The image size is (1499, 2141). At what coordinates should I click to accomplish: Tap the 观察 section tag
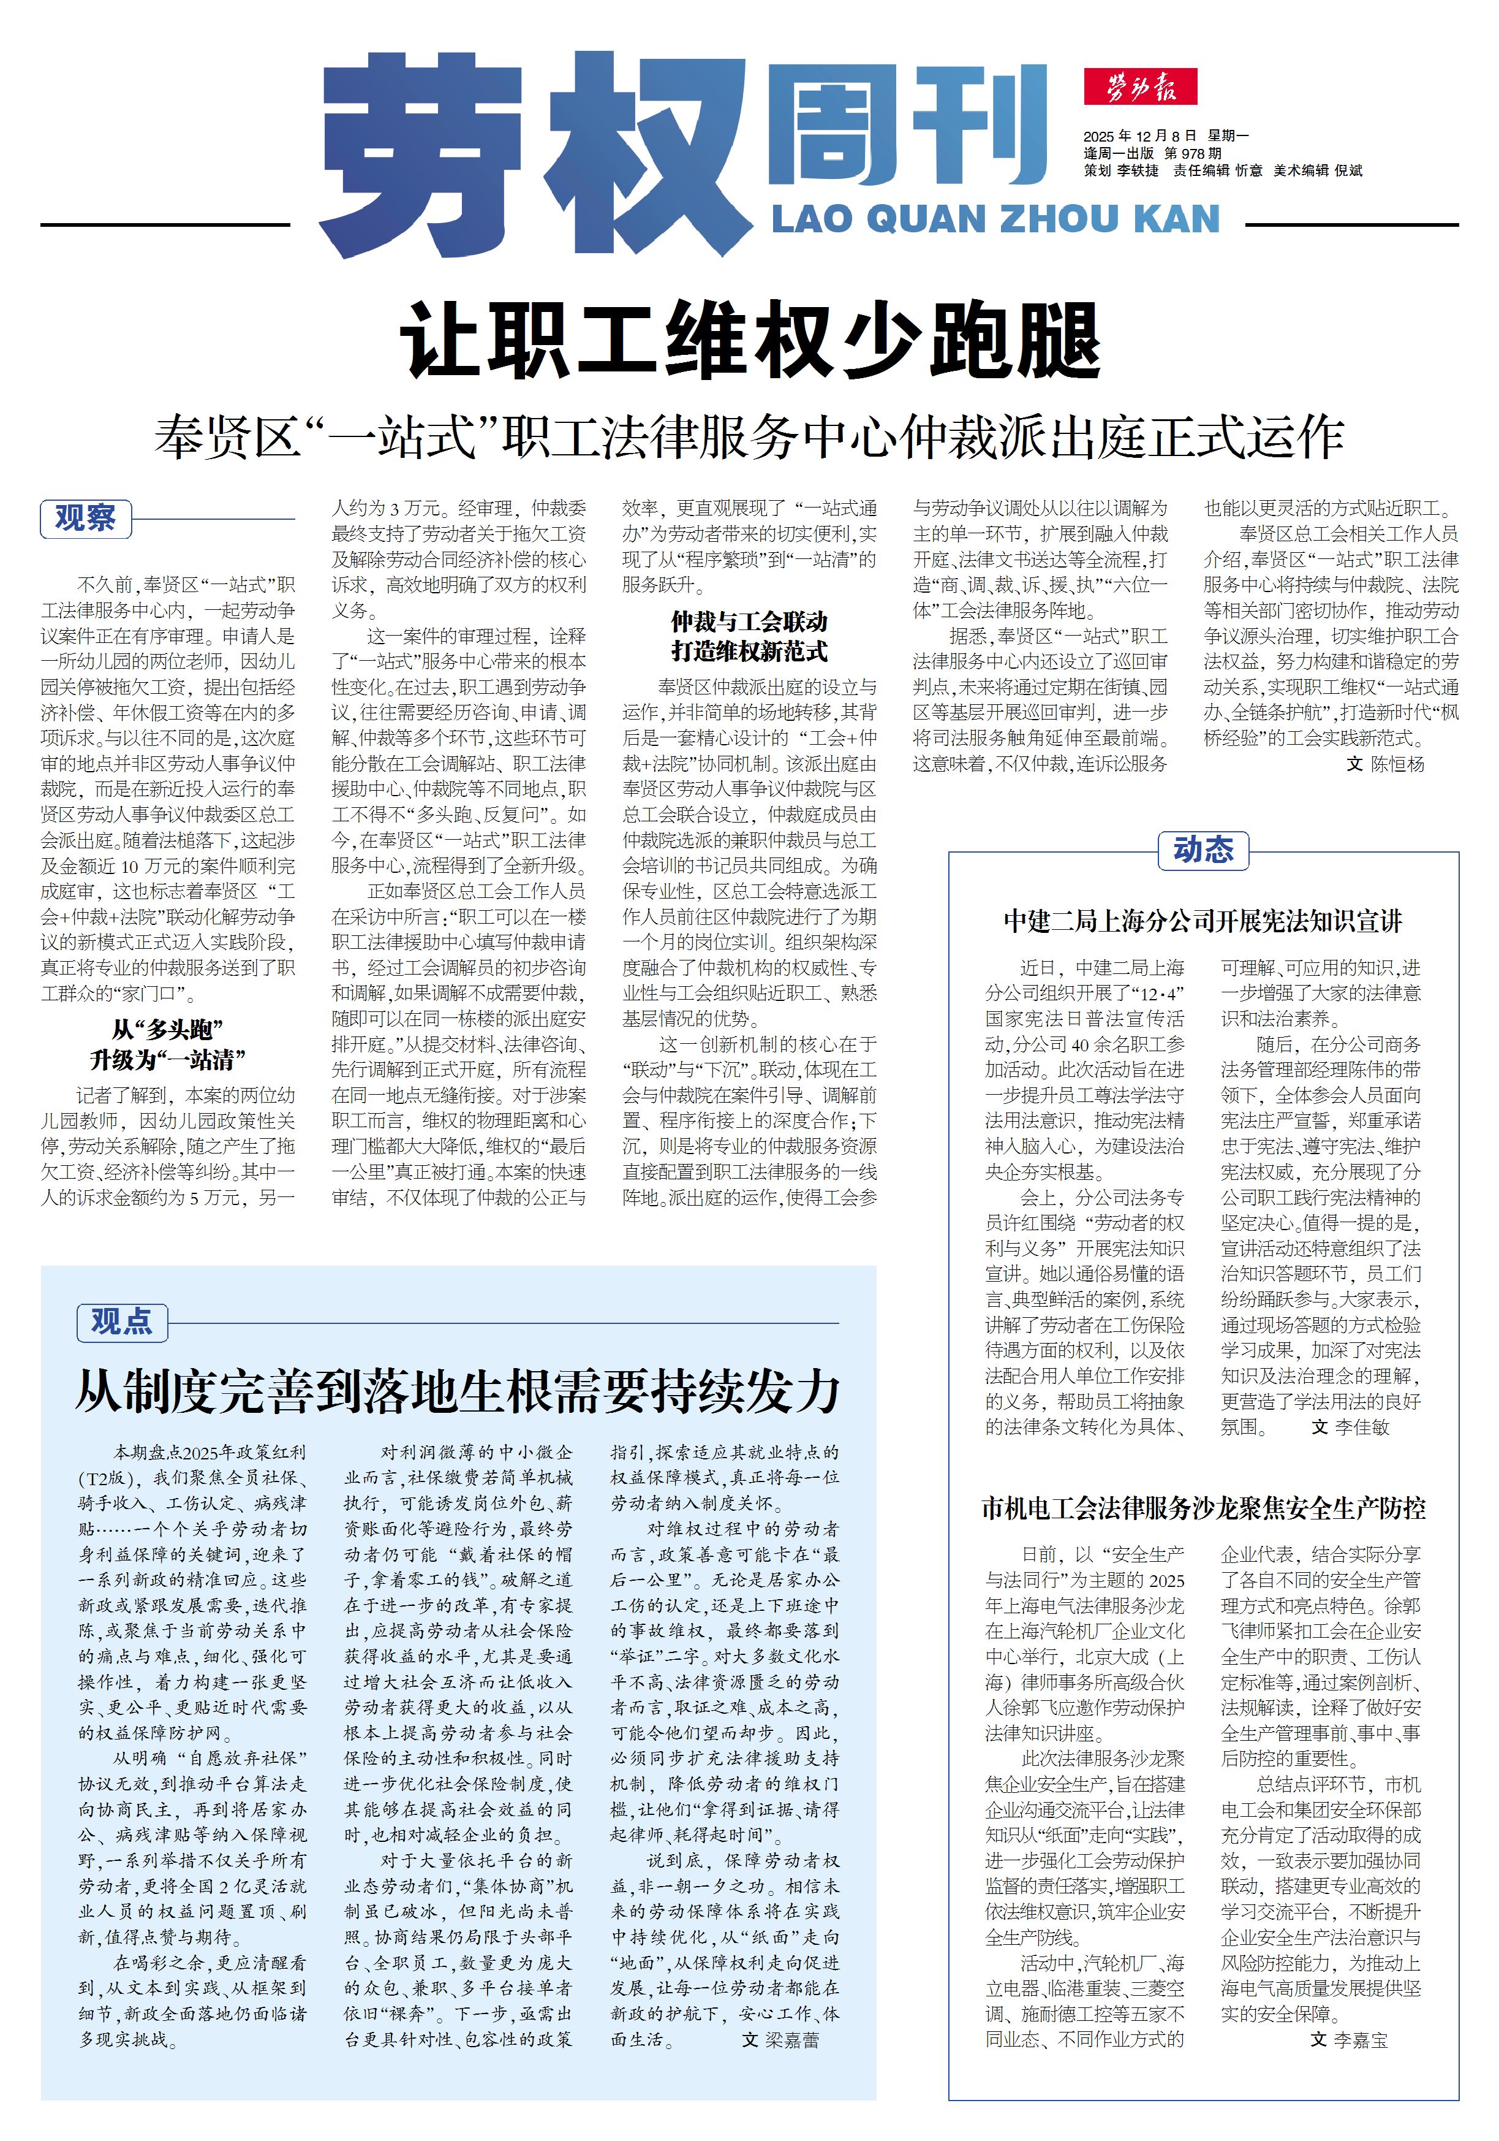86,519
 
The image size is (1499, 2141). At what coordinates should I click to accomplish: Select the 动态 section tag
1203,850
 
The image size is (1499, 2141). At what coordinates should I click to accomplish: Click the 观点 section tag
121,1321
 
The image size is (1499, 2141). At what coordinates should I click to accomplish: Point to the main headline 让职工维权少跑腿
750,340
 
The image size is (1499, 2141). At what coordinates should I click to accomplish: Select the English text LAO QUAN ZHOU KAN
995,219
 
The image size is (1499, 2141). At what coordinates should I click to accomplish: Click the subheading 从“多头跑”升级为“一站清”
168,1044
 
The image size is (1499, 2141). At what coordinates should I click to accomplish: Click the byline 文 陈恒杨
1385,764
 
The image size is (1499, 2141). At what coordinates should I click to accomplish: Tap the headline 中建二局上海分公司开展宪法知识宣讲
1203,921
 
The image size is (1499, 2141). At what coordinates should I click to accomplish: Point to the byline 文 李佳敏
1350,1427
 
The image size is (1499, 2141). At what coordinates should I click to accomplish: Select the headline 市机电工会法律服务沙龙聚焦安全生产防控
1203,1508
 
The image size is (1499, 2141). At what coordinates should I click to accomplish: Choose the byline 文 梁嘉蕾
780,2039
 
